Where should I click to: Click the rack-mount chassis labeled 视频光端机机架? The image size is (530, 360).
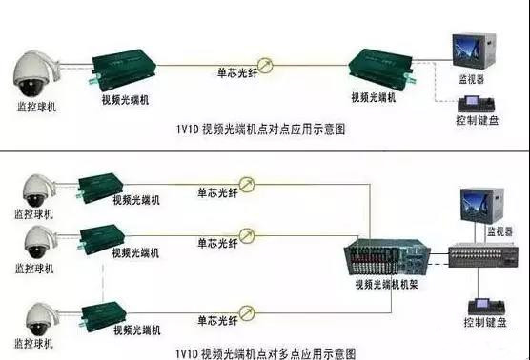(380, 256)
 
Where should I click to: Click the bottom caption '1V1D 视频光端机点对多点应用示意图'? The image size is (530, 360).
(262, 351)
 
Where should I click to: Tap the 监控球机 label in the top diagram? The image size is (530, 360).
(36, 108)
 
